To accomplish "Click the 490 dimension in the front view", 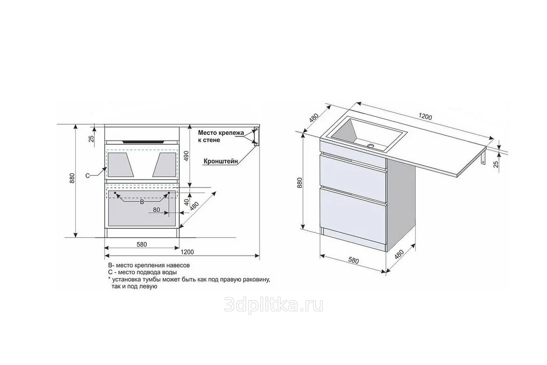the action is point(186,156).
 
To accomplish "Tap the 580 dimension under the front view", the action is point(142,245).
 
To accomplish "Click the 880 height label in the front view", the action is point(72,179).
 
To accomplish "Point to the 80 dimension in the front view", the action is point(156,210).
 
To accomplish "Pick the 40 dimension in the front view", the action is point(186,201).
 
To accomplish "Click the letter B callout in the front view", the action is point(142,202).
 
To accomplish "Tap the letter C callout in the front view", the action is point(88,176).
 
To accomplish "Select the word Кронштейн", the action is point(221,162).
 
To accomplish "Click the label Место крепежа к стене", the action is point(219,136).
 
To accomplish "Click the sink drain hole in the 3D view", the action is point(370,145).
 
